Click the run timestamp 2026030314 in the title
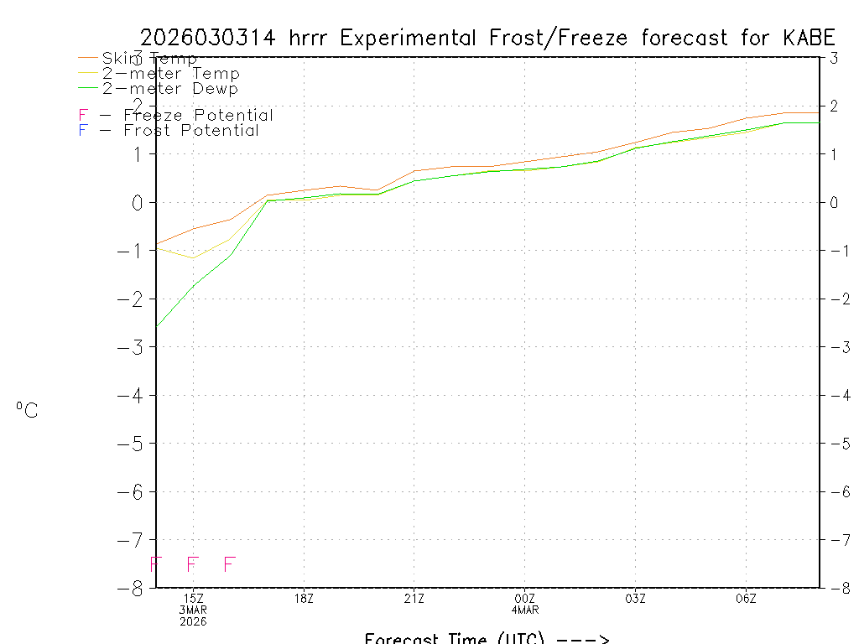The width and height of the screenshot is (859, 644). (211, 39)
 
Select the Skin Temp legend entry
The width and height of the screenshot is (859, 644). (148, 59)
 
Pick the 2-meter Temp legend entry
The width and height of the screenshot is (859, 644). (170, 74)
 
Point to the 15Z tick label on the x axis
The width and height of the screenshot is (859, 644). (193, 599)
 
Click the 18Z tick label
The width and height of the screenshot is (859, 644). (304, 599)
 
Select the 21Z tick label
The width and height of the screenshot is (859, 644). (414, 599)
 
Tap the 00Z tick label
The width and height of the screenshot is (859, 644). (524, 599)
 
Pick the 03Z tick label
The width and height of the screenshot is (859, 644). (635, 599)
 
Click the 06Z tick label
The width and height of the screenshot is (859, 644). (746, 599)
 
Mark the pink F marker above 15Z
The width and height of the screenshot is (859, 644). (192, 564)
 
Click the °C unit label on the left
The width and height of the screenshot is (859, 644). (27, 410)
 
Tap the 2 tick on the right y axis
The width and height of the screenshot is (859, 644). (833, 106)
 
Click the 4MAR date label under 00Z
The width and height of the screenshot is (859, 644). (524, 610)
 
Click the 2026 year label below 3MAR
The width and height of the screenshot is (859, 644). (193, 622)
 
